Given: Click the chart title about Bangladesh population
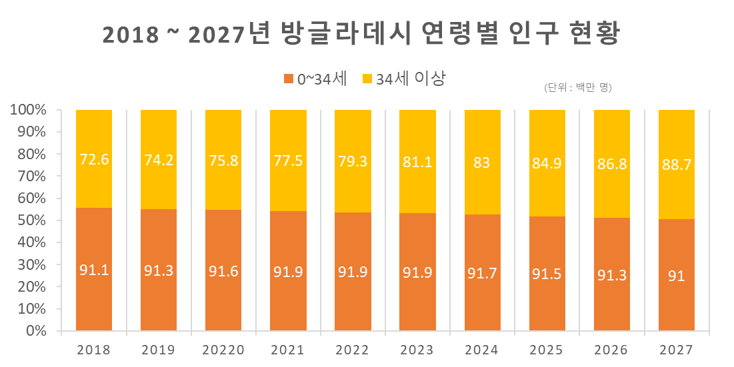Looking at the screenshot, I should coord(361,35).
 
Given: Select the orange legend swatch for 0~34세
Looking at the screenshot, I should coord(289,79).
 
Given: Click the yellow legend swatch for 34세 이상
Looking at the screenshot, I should coord(367,79).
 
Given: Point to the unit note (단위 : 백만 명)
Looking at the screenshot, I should coord(577,88).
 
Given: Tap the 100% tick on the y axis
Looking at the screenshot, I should coord(28,110).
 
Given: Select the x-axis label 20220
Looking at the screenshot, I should coord(223,350).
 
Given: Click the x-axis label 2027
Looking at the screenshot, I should coord(676,350).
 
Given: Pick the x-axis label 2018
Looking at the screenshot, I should coord(93,350).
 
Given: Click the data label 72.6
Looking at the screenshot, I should coord(94,159).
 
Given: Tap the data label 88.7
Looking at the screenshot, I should coord(676,165).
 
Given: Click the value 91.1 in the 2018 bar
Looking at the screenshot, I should coord(94,270).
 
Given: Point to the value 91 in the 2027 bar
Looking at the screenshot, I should coord(676,275).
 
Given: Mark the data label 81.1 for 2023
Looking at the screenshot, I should coord(417,161).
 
